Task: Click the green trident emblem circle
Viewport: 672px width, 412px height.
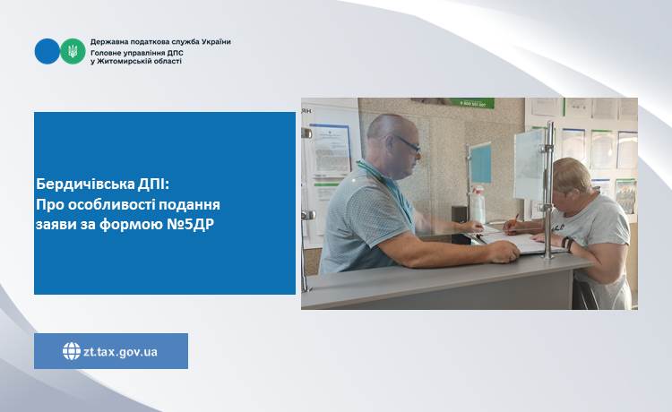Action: (73, 51)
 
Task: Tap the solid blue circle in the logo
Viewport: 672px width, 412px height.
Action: (47, 51)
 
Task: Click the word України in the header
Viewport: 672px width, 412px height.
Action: (214, 42)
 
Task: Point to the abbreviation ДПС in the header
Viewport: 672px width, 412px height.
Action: (174, 52)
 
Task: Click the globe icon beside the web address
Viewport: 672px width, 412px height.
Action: (72, 351)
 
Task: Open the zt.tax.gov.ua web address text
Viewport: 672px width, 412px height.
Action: (120, 352)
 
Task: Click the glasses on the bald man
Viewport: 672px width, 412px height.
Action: (407, 144)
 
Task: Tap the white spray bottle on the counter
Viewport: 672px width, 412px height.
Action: (478, 204)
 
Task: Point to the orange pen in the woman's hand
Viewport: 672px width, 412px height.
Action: (513, 222)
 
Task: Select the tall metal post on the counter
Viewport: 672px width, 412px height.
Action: (548, 190)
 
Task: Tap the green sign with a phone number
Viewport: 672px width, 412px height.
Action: (476, 103)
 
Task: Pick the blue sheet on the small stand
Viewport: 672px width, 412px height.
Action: (481, 163)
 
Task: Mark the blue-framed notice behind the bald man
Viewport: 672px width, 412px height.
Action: (329, 149)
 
